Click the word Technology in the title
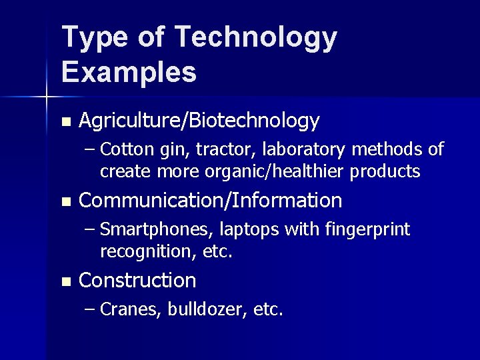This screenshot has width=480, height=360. [x=257, y=39]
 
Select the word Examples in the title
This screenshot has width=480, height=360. [x=129, y=72]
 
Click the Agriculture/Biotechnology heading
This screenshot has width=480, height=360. [x=199, y=121]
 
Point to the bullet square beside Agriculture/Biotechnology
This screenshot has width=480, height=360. [x=65, y=121]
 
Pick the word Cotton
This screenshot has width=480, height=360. [x=129, y=148]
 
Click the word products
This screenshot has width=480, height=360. [x=385, y=171]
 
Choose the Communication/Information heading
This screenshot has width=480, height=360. [x=210, y=200]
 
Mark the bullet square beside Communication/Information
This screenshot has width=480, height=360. [x=65, y=201]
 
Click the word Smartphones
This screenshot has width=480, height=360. [x=156, y=229]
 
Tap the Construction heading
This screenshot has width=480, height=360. [x=137, y=280]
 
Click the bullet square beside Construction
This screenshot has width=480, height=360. [x=65, y=281]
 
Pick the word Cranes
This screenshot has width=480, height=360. [x=131, y=309]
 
